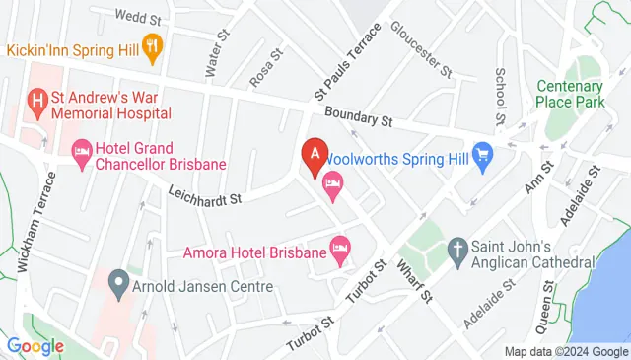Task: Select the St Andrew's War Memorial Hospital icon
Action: click(x=37, y=99)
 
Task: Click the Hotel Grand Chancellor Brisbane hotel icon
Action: click(x=82, y=149)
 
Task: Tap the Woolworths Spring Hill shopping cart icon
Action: click(x=482, y=155)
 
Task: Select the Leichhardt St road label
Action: click(x=204, y=197)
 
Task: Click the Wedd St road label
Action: click(x=137, y=16)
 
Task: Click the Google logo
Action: click(x=35, y=346)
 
